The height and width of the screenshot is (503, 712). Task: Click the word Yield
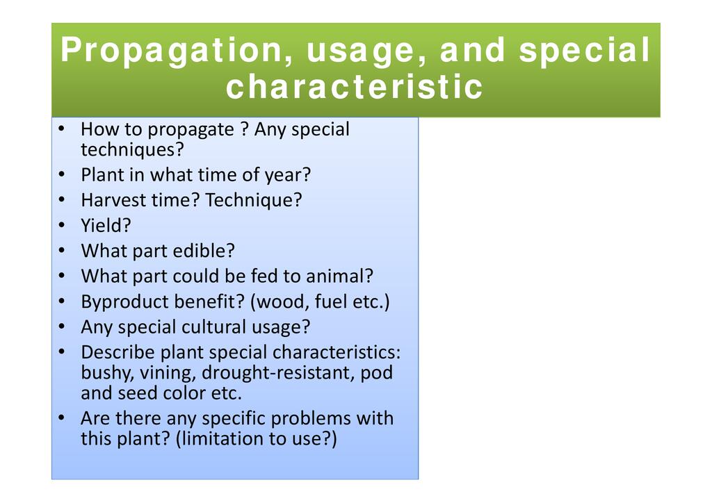(106, 225)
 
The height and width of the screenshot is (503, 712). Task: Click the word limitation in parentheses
(235, 438)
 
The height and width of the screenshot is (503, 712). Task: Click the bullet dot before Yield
(62, 225)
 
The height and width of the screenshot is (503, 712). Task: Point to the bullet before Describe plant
(62, 352)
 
